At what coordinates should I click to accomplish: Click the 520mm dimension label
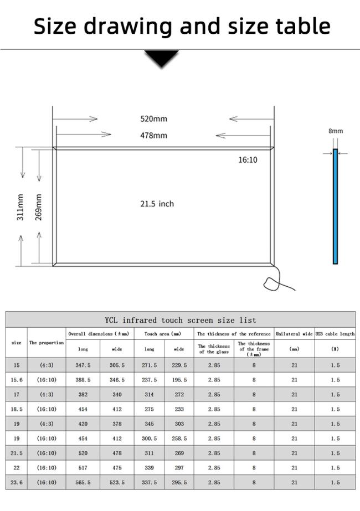click(x=153, y=119)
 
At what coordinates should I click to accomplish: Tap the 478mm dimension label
click(x=153, y=135)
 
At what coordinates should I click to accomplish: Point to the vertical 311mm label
click(x=20, y=207)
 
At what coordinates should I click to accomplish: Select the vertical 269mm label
click(x=38, y=207)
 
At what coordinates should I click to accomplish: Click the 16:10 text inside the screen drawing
click(x=248, y=159)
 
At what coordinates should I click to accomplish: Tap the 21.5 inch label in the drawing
click(x=157, y=204)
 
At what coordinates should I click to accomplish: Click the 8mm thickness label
click(x=336, y=131)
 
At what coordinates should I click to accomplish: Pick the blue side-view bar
click(x=335, y=207)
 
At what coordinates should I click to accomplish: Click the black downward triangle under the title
click(x=162, y=59)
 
